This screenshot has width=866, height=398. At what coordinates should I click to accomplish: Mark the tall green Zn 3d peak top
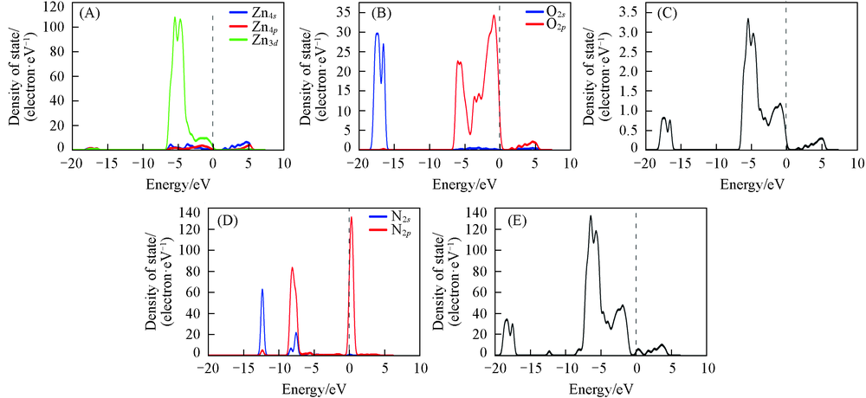(x=176, y=17)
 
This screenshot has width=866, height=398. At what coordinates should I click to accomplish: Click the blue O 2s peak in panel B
(x=377, y=34)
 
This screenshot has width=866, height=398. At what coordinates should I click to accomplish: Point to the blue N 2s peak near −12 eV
(x=262, y=289)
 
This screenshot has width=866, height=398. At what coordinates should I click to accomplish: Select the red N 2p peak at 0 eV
(x=351, y=217)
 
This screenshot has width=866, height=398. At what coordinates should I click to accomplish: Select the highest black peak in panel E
(x=591, y=216)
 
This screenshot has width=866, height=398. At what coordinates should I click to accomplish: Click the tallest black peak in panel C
(x=747, y=19)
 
